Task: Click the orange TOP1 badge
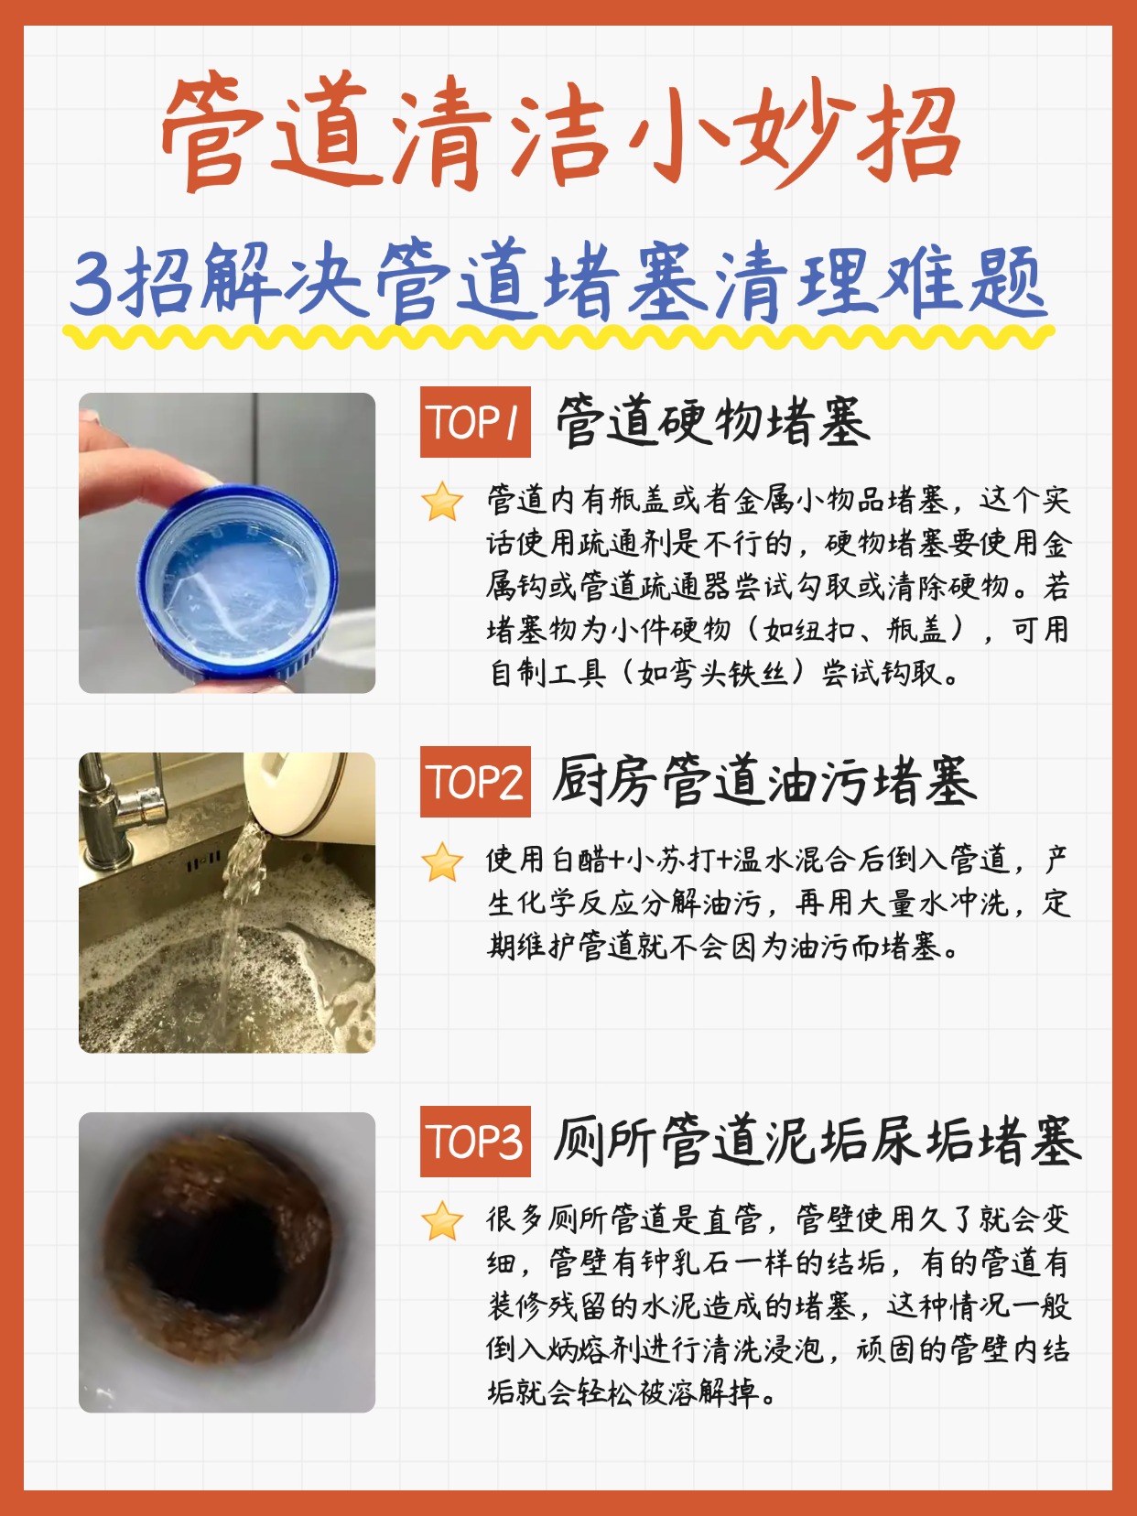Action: click(x=475, y=422)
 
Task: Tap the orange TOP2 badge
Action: click(x=475, y=782)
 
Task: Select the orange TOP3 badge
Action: click(x=475, y=1141)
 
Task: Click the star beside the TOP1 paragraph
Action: click(x=442, y=502)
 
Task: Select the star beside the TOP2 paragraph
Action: click(x=442, y=861)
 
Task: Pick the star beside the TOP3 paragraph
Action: click(x=442, y=1220)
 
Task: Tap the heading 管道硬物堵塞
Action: click(x=713, y=420)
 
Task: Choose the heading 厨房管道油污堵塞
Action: click(x=765, y=781)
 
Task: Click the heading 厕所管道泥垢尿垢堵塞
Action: click(x=818, y=1141)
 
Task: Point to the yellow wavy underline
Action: click(x=558, y=336)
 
